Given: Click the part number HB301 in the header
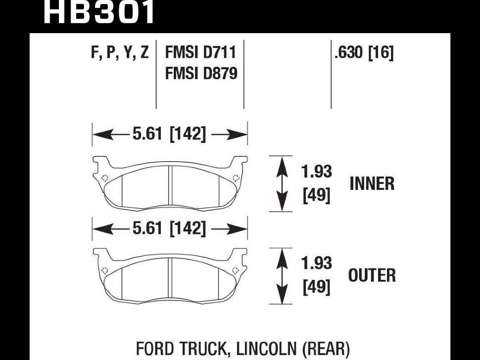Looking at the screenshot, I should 99,12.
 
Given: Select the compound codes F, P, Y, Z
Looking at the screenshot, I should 120,52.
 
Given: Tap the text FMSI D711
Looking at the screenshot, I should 200,52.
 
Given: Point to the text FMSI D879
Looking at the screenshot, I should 200,73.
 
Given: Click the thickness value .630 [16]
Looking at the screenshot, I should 364,52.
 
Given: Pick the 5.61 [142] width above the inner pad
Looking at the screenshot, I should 169,134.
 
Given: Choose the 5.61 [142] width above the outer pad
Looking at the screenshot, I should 169,229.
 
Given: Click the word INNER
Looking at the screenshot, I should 372,184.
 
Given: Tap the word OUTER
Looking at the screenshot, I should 372,275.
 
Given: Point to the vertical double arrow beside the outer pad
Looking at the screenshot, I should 282,276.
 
